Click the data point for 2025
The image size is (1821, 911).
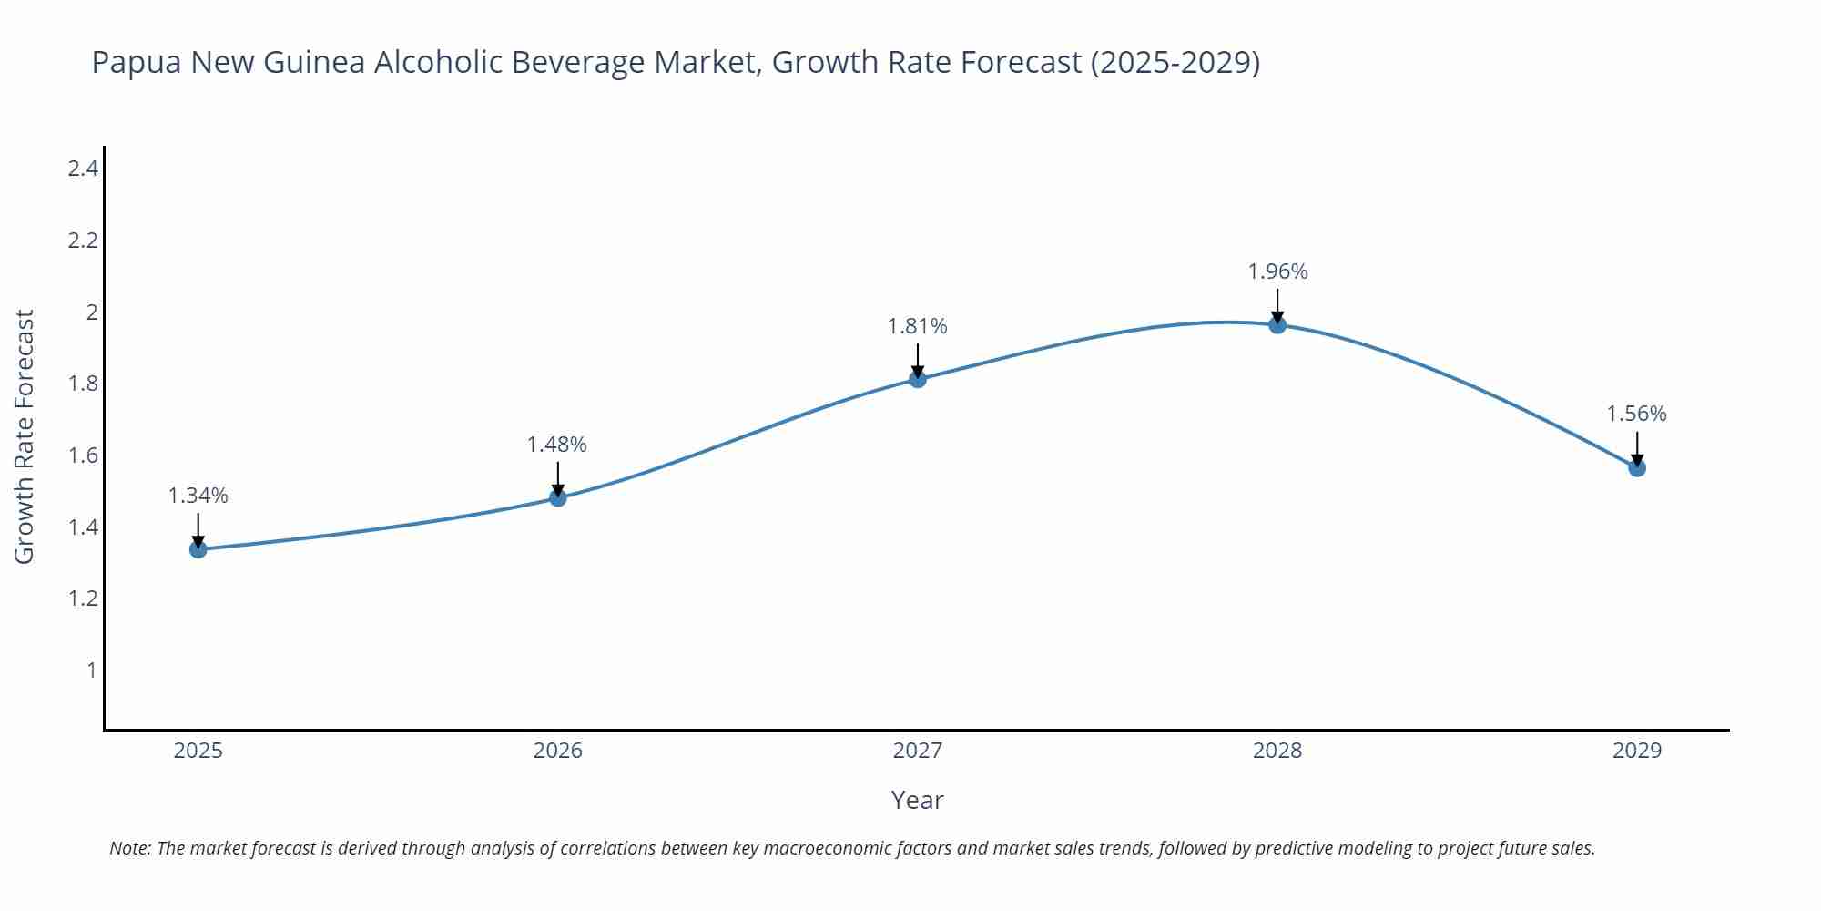tap(198, 549)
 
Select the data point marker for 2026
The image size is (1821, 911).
tap(558, 498)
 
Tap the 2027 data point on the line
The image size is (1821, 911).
tap(918, 379)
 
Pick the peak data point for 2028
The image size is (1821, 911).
tap(1277, 325)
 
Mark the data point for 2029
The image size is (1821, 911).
tap(1637, 468)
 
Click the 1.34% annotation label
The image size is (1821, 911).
tap(198, 496)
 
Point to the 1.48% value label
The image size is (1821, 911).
tap(557, 445)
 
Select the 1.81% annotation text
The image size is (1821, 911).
tap(918, 326)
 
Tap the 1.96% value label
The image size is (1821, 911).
tap(1277, 271)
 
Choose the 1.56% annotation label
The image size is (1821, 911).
tap(1636, 414)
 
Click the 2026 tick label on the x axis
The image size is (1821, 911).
tap(558, 751)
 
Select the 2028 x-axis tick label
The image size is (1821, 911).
tap(1277, 751)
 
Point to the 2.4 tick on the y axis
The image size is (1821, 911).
tap(83, 169)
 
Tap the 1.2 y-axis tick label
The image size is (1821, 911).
tap(83, 599)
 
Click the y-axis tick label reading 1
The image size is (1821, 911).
tap(91, 670)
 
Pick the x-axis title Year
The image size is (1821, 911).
tap(917, 800)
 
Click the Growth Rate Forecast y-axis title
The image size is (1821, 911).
tap(25, 436)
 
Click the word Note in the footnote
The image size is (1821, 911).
tap(129, 848)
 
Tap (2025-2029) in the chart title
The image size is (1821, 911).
tap(1175, 62)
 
